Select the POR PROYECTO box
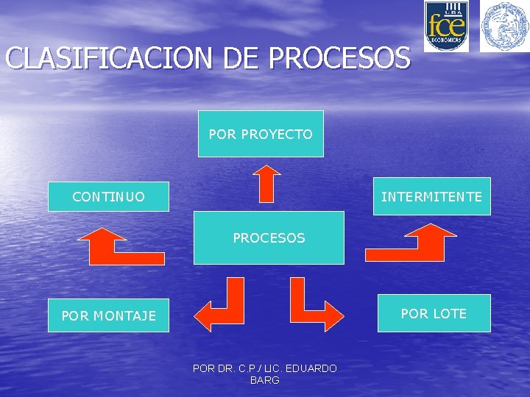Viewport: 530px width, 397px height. (261, 134)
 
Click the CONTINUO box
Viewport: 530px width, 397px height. (108, 196)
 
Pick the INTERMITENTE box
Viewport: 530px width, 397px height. (431, 196)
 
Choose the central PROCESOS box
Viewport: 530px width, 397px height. (269, 237)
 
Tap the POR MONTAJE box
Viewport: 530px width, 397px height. (108, 315)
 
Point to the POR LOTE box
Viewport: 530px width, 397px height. (434, 313)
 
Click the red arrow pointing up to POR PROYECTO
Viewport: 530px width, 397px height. (266, 183)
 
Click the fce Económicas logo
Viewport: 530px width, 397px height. (446, 26)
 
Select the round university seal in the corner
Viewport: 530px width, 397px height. (505, 26)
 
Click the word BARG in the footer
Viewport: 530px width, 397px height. (265, 380)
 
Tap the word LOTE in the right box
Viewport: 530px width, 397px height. (450, 313)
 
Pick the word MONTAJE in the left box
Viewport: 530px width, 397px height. (124, 315)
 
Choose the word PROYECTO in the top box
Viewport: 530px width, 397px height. (277, 134)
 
